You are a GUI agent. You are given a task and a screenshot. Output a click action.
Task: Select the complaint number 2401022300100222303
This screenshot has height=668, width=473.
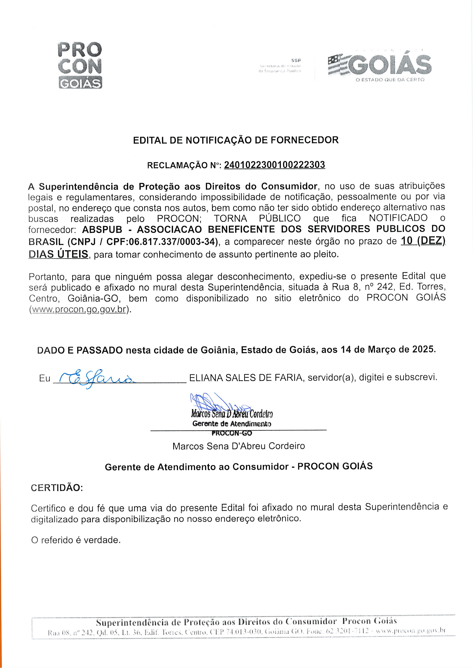(274, 165)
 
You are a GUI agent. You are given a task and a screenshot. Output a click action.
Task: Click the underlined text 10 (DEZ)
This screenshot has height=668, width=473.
(423, 241)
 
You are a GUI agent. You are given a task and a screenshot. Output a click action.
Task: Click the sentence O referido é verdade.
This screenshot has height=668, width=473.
(76, 540)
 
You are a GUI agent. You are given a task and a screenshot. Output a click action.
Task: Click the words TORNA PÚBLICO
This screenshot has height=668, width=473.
(257, 218)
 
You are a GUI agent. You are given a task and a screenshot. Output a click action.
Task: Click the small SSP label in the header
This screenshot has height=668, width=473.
(296, 61)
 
